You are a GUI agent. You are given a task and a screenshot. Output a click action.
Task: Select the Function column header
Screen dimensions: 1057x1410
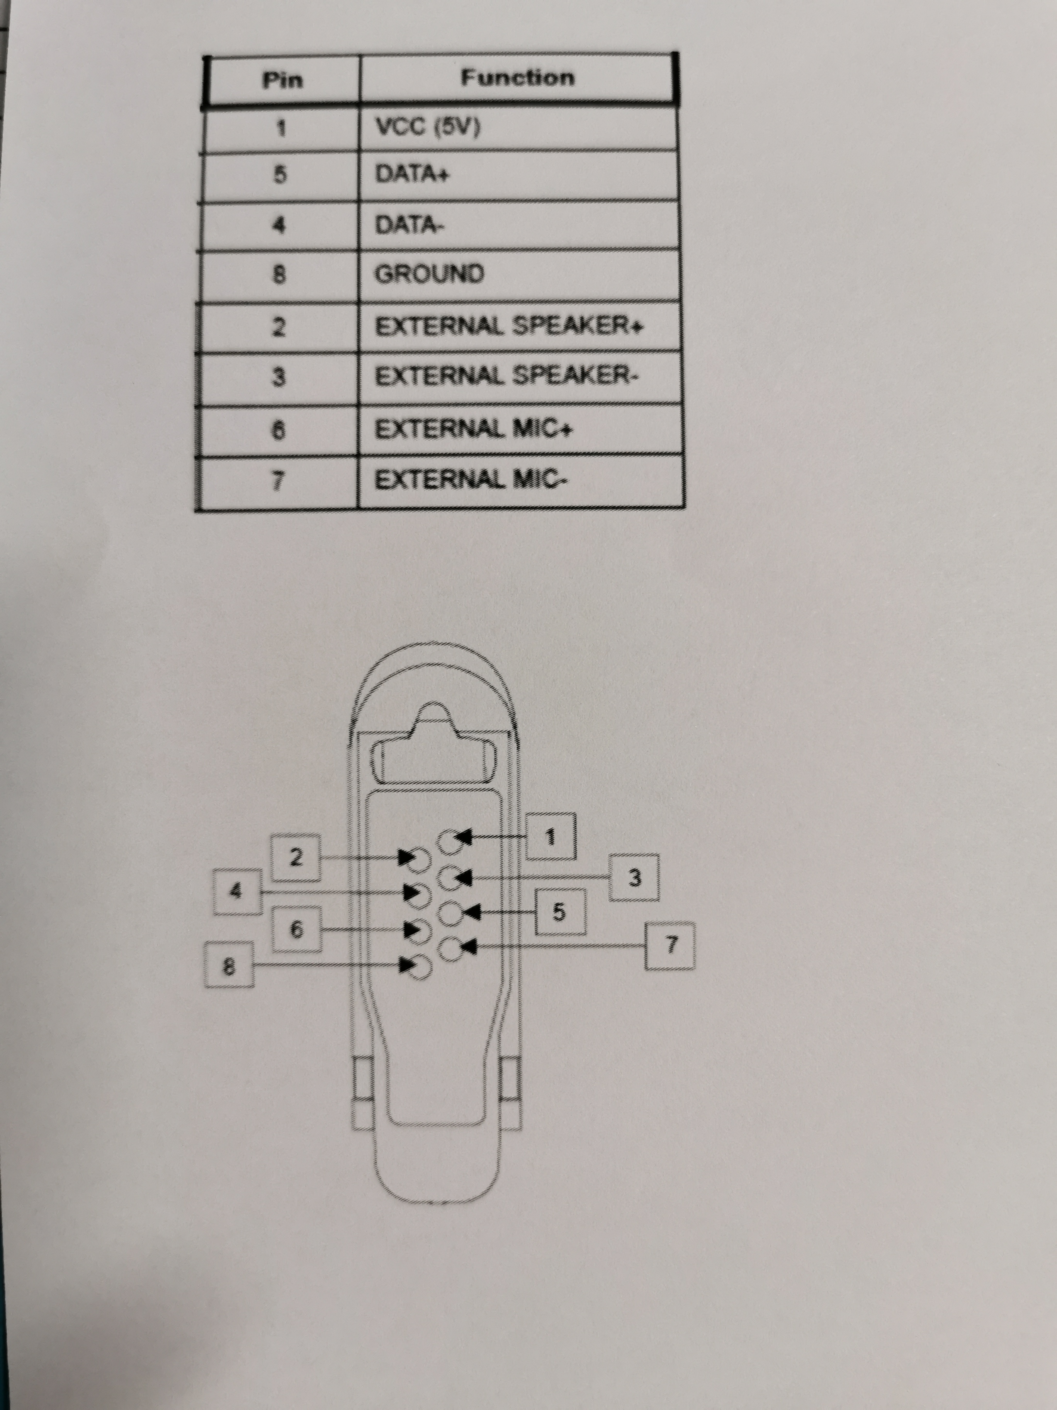tap(517, 78)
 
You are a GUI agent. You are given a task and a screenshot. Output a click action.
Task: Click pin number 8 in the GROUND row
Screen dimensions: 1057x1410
tap(279, 275)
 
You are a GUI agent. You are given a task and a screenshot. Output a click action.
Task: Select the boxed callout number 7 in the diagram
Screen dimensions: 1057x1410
tap(670, 946)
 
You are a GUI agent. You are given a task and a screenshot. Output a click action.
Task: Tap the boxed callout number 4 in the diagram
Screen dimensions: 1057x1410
tap(237, 891)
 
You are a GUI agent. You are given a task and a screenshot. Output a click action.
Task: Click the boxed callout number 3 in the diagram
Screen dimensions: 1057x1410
tap(634, 878)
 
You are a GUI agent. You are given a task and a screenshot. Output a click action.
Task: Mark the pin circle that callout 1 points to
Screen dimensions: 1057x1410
tap(450, 841)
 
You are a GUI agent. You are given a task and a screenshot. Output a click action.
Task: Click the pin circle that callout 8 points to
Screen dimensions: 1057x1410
tap(420, 967)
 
